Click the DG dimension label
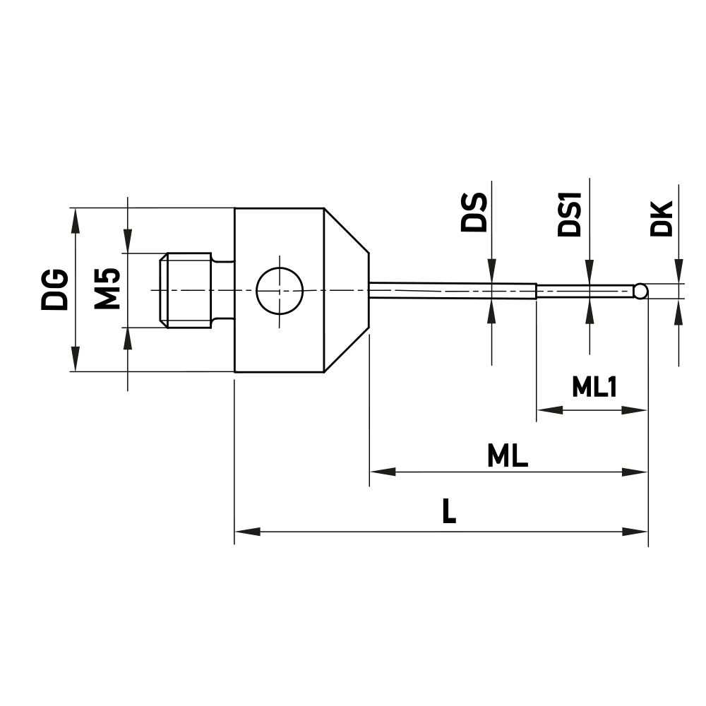(x=54, y=289)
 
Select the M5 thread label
(x=107, y=289)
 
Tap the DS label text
(x=474, y=212)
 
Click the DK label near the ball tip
(x=661, y=218)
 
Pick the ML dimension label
(x=508, y=457)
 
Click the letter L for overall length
(x=448, y=512)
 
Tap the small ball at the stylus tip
(x=640, y=291)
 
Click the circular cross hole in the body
(x=279, y=290)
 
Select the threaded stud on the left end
(x=187, y=290)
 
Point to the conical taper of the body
(x=346, y=290)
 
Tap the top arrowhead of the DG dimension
(x=74, y=219)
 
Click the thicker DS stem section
(x=452, y=290)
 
